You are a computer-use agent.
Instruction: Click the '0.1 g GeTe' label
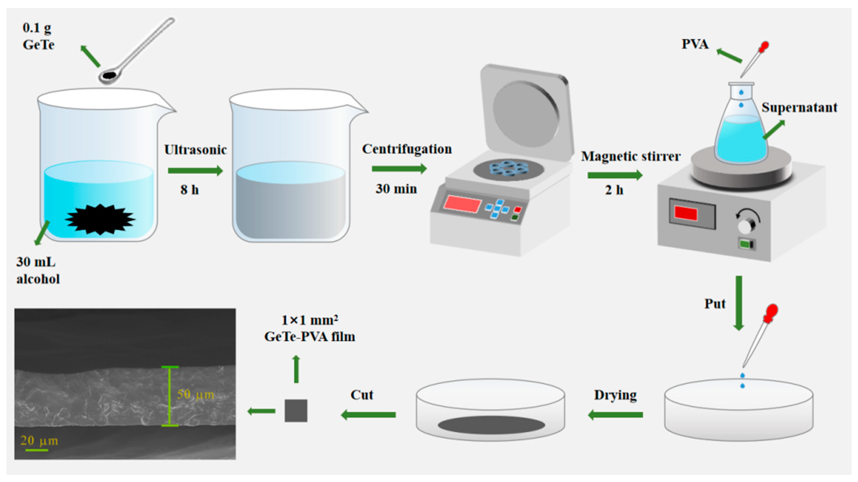pyautogui.click(x=38, y=36)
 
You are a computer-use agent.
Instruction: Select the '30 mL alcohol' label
pyautogui.click(x=38, y=270)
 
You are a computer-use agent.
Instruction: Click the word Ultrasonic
pyautogui.click(x=195, y=150)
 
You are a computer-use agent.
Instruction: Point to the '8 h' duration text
pyautogui.click(x=190, y=190)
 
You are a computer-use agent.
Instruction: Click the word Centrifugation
pyautogui.click(x=407, y=149)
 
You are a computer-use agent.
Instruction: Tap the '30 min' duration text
pyautogui.click(x=396, y=189)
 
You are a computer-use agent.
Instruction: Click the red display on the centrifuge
pyautogui.click(x=462, y=203)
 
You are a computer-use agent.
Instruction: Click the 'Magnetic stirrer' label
pyautogui.click(x=630, y=156)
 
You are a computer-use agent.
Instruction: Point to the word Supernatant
pyautogui.click(x=799, y=107)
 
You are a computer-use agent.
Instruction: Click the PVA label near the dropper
pyautogui.click(x=695, y=44)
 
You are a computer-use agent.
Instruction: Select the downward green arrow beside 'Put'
pyautogui.click(x=739, y=303)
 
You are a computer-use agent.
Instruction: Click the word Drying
pyautogui.click(x=615, y=395)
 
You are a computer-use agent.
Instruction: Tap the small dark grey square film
pyautogui.click(x=296, y=410)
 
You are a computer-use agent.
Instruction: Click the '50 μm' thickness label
pyautogui.click(x=195, y=394)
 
